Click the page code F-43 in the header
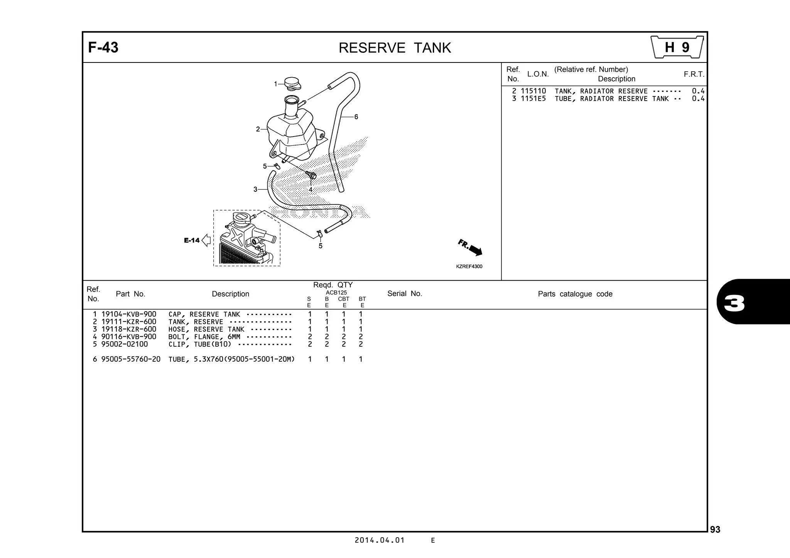[x=103, y=47]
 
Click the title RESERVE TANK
[x=395, y=48]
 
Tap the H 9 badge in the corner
[x=677, y=47]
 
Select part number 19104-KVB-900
[x=128, y=314]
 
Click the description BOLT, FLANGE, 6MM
[x=204, y=337]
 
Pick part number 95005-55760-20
[x=131, y=359]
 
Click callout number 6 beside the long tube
[x=356, y=117]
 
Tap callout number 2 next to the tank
[x=258, y=129]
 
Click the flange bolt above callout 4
[x=311, y=175]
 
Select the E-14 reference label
[x=192, y=241]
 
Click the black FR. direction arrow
[x=471, y=248]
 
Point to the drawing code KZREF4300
[x=469, y=266]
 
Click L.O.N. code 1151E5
[x=533, y=99]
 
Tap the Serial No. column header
[x=405, y=293]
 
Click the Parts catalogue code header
[x=575, y=294]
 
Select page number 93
[x=715, y=529]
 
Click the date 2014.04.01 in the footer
[x=380, y=540]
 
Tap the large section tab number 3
[x=734, y=303]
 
